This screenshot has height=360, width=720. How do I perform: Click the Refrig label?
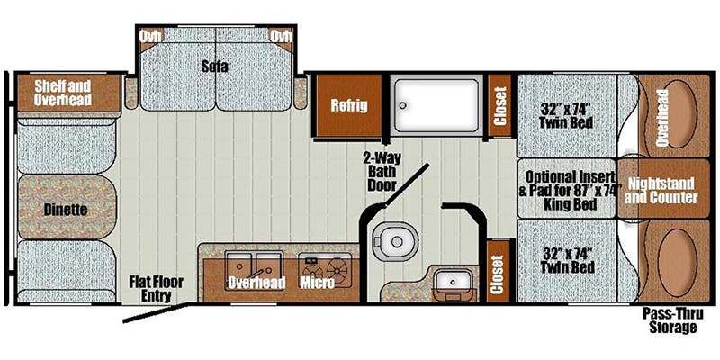pyautogui.click(x=350, y=105)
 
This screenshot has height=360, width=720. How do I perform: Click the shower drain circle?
pyautogui.click(x=402, y=105)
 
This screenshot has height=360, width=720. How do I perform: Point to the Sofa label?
pyautogui.click(x=214, y=67)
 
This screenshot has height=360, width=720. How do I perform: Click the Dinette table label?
pyautogui.click(x=66, y=210)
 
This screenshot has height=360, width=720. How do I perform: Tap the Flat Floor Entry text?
pyautogui.click(x=156, y=288)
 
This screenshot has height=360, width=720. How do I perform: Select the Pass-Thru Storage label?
pyautogui.click(x=669, y=320)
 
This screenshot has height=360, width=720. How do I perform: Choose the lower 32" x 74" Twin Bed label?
pyautogui.click(x=568, y=260)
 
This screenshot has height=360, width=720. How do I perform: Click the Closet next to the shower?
pyautogui.click(x=500, y=105)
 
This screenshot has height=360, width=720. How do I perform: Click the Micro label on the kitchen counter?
pyautogui.click(x=317, y=283)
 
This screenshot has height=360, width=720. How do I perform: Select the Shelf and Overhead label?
pyautogui.click(x=63, y=93)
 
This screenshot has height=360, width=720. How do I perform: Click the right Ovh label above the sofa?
pyautogui.click(x=281, y=36)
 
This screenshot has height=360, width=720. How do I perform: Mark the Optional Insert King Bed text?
pyautogui.click(x=570, y=191)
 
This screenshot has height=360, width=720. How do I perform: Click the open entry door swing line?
pyautogui.click(x=155, y=312)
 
